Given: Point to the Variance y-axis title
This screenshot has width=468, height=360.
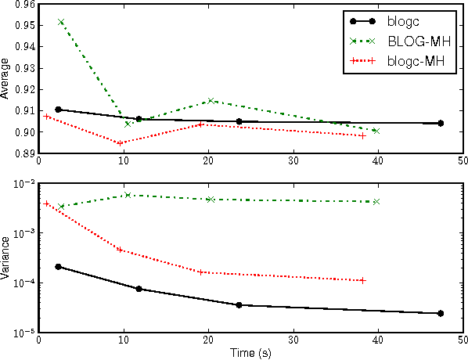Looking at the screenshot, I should pos(6,257).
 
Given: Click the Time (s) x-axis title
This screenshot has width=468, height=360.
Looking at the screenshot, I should pos(250,353).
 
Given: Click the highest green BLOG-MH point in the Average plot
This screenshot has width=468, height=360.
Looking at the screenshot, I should pos(61,22).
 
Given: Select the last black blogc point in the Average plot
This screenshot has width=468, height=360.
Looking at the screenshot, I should pos(441,123).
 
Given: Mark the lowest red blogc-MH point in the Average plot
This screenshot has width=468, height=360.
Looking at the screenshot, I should pos(121,143).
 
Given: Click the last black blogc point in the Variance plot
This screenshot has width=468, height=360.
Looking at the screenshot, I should pos(441,313).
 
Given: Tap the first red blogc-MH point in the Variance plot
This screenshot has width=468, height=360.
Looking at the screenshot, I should pos(46,203).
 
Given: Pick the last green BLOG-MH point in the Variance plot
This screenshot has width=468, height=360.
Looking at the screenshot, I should pos(376,202).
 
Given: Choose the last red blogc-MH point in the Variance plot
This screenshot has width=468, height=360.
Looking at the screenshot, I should pos(362,280).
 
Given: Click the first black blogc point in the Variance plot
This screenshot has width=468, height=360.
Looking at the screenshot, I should pos(59,267).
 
